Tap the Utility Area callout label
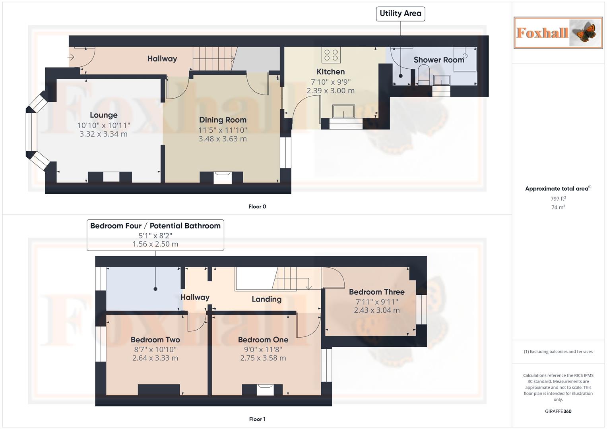(400, 14)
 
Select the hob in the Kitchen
(331, 55)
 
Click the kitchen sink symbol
(343, 111)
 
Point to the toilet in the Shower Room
(424, 75)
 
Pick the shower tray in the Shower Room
(465, 60)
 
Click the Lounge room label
(103, 115)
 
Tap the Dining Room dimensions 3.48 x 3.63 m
(223, 139)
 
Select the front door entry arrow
(71, 58)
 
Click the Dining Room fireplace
(222, 177)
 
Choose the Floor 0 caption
(257, 207)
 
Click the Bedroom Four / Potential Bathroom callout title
(155, 226)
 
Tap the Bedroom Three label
(376, 292)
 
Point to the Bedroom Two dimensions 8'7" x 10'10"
(155, 350)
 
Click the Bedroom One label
(263, 340)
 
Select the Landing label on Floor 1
(266, 300)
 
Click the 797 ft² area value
(558, 199)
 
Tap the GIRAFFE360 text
(558, 412)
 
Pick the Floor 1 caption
(257, 419)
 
